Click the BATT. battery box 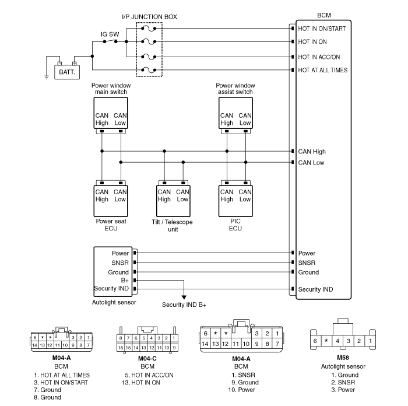[67, 72]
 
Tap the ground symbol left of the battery [46, 77]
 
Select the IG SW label [110, 34]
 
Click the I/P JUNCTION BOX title [149, 17]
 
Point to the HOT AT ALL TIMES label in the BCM [323, 70]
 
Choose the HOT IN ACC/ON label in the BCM [319, 57]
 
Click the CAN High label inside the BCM [312, 152]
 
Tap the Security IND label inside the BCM [315, 289]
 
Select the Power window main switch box [111, 113]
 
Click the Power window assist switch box [235, 113]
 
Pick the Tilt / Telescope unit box [173, 201]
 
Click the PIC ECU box [235, 201]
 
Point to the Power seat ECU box [111, 201]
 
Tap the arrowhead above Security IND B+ [184, 297]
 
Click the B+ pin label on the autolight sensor [125, 281]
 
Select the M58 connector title [343, 358]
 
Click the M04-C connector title [147, 359]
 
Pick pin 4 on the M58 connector [337, 341]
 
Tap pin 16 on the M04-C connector [121, 348]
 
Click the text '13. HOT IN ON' [141, 383]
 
